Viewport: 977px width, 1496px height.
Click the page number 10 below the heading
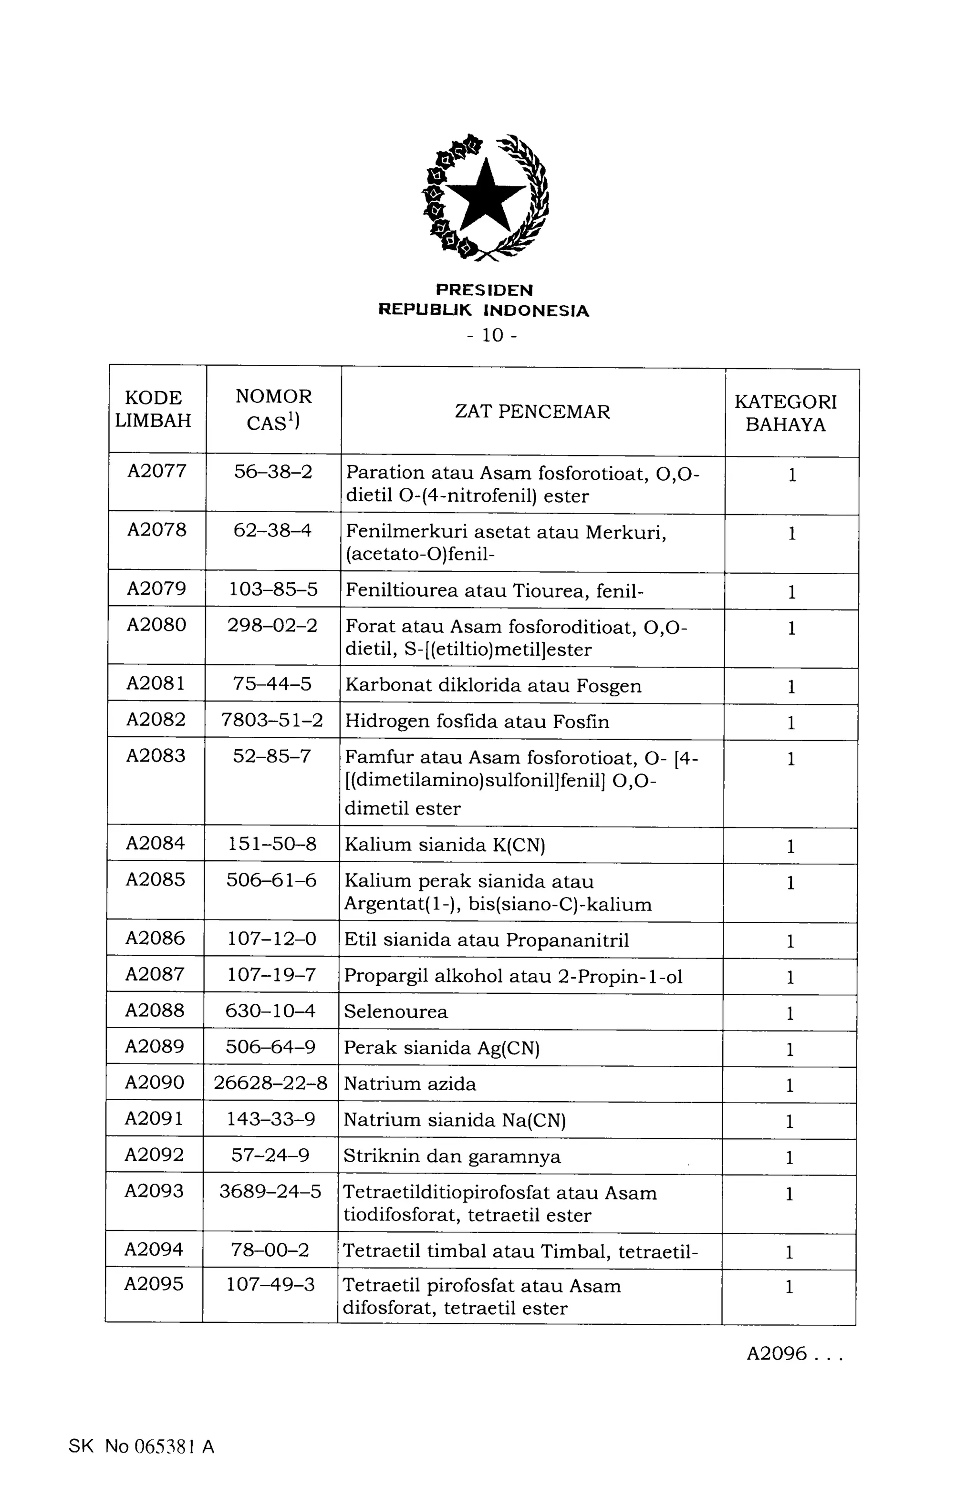[493, 335]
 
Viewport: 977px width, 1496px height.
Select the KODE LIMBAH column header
[154, 409]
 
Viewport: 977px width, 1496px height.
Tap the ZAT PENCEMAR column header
[532, 412]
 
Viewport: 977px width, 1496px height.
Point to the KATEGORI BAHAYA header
[785, 413]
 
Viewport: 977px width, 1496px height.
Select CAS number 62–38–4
[272, 530]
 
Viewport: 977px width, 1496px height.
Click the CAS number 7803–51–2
[271, 720]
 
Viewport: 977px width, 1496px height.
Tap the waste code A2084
[156, 843]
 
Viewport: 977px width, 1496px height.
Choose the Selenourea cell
[395, 1011]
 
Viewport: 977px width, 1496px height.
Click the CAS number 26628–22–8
[270, 1083]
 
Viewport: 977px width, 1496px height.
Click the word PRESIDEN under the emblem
[484, 290]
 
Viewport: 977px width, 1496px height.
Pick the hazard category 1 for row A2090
[790, 1085]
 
